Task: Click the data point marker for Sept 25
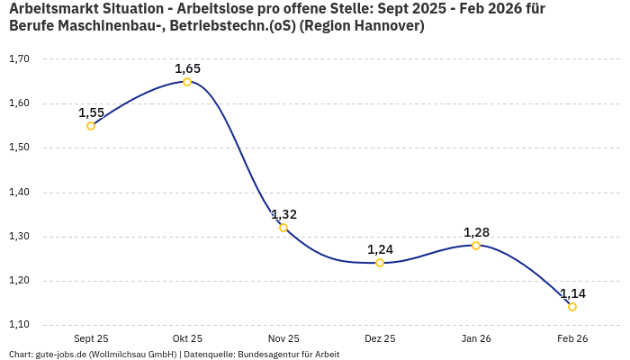click(x=91, y=126)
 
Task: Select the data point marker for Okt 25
click(x=187, y=82)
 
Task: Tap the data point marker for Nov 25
click(x=283, y=228)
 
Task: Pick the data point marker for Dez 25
click(x=380, y=263)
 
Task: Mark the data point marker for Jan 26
click(x=476, y=246)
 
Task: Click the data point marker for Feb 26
click(x=572, y=307)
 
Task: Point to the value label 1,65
click(x=187, y=68)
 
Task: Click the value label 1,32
click(x=283, y=214)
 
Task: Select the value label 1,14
click(x=572, y=293)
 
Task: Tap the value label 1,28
click(x=476, y=232)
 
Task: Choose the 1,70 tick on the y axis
click(x=19, y=59)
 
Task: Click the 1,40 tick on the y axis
click(x=19, y=193)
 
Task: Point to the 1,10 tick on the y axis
click(x=19, y=325)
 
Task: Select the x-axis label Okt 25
click(x=187, y=338)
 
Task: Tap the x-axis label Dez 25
click(x=380, y=338)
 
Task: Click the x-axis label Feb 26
click(x=572, y=338)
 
